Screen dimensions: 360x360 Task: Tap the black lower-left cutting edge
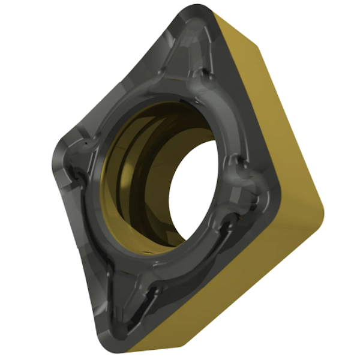coord(84,240)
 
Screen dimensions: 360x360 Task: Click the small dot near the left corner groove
coord(88,145)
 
